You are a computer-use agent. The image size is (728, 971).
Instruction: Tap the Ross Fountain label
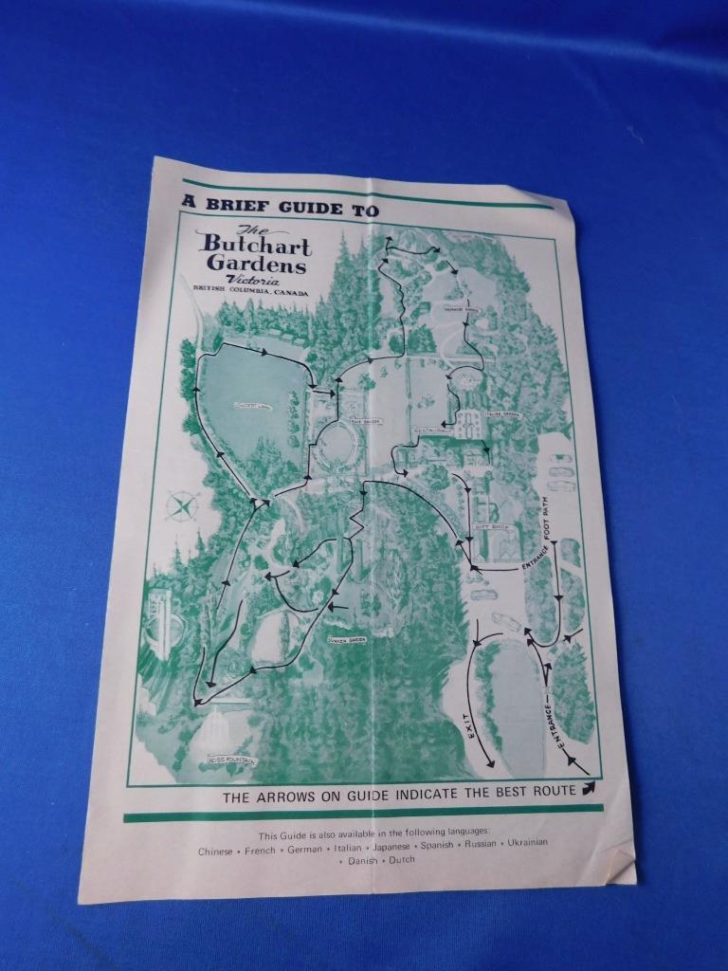pyautogui.click(x=230, y=760)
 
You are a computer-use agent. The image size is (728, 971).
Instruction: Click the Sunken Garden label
pyautogui.click(x=347, y=640)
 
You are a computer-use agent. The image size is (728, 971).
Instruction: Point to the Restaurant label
pyautogui.click(x=433, y=430)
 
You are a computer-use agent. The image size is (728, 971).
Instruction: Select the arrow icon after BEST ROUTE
pyautogui.click(x=589, y=787)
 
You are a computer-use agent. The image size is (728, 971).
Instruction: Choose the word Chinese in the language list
pyautogui.click(x=215, y=852)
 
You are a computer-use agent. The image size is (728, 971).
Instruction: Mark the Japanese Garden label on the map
pyautogui.click(x=459, y=309)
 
